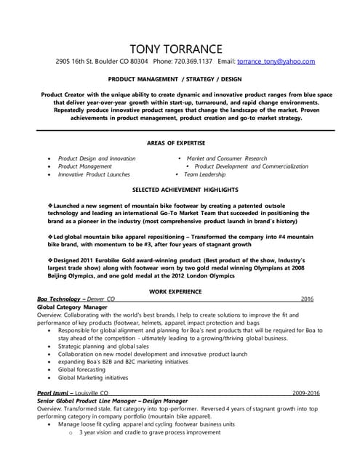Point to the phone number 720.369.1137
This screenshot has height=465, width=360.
(x=193, y=62)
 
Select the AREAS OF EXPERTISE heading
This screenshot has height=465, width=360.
(x=180, y=143)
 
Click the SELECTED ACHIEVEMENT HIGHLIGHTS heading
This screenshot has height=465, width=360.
(x=180, y=190)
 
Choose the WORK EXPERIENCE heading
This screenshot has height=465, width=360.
(x=180, y=291)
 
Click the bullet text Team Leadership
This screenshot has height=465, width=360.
(x=208, y=174)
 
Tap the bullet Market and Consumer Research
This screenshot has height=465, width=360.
(x=227, y=158)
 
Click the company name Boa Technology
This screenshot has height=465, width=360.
(x=60, y=299)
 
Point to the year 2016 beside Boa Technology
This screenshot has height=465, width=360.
(x=307, y=299)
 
